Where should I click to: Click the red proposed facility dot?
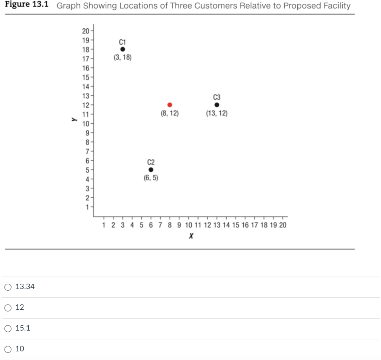(x=170, y=105)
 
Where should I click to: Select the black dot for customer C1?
(x=122, y=49)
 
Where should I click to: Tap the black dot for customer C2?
(x=151, y=170)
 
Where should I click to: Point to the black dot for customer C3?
(x=217, y=105)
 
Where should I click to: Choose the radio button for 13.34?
(x=8, y=287)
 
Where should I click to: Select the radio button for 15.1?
(x=8, y=328)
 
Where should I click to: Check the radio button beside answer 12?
(x=8, y=308)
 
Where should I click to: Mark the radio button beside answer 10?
(x=8, y=349)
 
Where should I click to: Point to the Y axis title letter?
(x=74, y=120)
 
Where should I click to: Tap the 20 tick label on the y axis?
(x=85, y=31)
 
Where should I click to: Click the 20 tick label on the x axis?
(x=282, y=225)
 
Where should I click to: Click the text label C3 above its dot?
(x=217, y=97)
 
